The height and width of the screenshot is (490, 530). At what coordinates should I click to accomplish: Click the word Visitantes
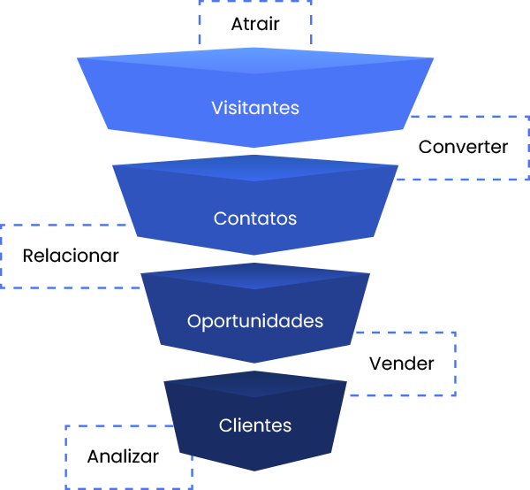pos(255,109)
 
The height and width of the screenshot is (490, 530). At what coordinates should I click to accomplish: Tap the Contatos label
pos(255,218)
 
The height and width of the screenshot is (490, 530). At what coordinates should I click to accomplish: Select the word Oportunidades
pos(255,321)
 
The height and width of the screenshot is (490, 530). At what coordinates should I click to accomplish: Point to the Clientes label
pos(255,425)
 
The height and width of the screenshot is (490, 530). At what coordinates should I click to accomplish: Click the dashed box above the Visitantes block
pos(255,22)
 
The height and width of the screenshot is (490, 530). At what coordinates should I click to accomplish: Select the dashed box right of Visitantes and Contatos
pos(468,148)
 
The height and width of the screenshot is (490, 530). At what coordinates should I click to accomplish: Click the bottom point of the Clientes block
pos(255,470)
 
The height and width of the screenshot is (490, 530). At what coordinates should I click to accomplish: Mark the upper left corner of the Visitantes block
pos(79,59)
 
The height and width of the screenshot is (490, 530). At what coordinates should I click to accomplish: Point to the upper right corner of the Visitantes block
pos(433,59)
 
